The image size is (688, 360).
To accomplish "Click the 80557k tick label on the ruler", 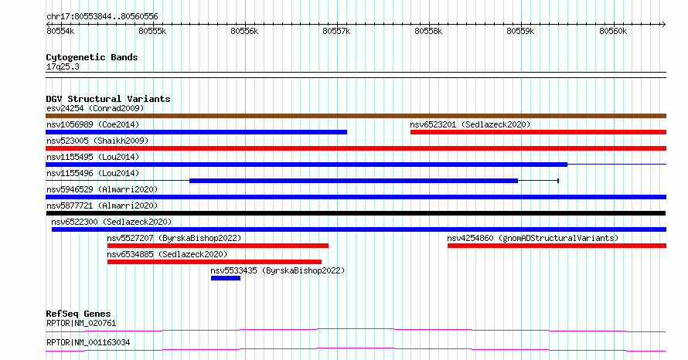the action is coord(336,31).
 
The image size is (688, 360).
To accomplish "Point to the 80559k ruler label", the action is coord(520,31).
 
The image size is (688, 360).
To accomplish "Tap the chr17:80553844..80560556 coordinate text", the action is coord(102,17).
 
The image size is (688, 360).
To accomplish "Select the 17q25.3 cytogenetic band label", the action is coord(63,66).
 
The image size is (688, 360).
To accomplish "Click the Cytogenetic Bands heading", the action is coord(92,57).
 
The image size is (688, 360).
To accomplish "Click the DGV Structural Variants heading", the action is coord(108,99).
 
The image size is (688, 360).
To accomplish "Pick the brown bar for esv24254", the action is coord(356,116).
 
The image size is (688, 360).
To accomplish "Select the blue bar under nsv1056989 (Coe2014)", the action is coord(196,132).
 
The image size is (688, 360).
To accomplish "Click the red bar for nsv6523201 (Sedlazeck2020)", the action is coord(538,132).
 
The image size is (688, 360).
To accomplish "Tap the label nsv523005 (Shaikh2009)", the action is coord(97,141).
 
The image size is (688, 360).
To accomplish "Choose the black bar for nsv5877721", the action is coord(356,213).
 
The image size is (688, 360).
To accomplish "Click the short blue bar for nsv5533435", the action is coord(226,278).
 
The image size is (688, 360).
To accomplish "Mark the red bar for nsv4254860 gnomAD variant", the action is coord(557,246).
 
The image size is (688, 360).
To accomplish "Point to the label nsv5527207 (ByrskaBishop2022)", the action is coord(174,238).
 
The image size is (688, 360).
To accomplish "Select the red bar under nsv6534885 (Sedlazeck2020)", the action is coord(214,262).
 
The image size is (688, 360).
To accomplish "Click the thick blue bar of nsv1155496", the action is coord(353,181).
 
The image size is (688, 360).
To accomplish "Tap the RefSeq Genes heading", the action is coord(78,314).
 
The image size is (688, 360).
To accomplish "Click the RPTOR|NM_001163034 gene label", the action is coord(88,342).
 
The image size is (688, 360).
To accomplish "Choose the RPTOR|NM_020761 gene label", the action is coord(81,323).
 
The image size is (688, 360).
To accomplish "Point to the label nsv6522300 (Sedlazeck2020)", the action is coord(111,222).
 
